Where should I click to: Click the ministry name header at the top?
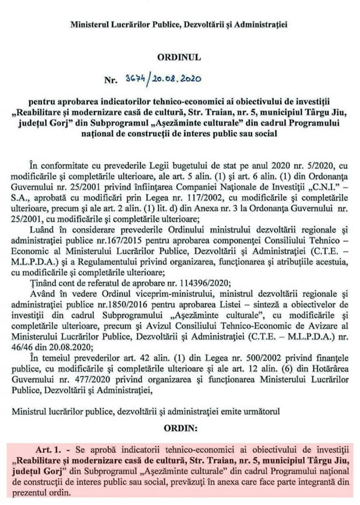[x=179, y=25]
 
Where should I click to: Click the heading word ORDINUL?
[x=179, y=58]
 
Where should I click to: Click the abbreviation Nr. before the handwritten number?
[x=110, y=81]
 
